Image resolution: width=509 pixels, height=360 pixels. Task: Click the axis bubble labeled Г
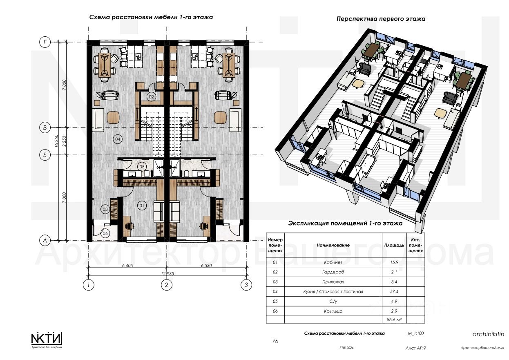(x=45, y=42)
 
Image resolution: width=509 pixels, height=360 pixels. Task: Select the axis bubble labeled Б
(x=45, y=155)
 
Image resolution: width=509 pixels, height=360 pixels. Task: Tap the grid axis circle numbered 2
(x=167, y=285)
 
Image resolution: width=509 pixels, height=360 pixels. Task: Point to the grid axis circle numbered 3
(x=246, y=285)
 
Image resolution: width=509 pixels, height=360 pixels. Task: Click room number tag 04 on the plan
(x=118, y=139)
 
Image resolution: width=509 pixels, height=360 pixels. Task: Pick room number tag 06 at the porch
(x=105, y=233)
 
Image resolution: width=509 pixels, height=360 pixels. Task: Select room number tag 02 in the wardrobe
(x=151, y=97)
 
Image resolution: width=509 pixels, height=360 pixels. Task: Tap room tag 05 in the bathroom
(x=142, y=167)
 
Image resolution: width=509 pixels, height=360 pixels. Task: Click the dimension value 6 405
(x=127, y=266)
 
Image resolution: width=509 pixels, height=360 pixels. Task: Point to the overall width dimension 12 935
(x=167, y=273)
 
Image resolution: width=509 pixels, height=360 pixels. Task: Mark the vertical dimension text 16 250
(x=57, y=141)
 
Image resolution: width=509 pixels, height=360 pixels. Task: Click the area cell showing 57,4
(x=394, y=291)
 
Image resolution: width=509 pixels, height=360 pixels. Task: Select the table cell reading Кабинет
(x=333, y=262)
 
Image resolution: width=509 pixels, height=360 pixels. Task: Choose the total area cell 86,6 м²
(x=394, y=320)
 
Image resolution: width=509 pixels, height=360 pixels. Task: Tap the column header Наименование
(x=333, y=245)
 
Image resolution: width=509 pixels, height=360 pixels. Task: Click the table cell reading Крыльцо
(x=333, y=311)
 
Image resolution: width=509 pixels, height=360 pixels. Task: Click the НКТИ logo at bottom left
(x=47, y=339)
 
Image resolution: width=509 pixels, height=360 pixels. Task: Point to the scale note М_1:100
(x=415, y=333)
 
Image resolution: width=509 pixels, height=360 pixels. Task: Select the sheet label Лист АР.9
(x=415, y=348)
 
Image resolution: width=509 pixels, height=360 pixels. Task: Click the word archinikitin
(x=488, y=334)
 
